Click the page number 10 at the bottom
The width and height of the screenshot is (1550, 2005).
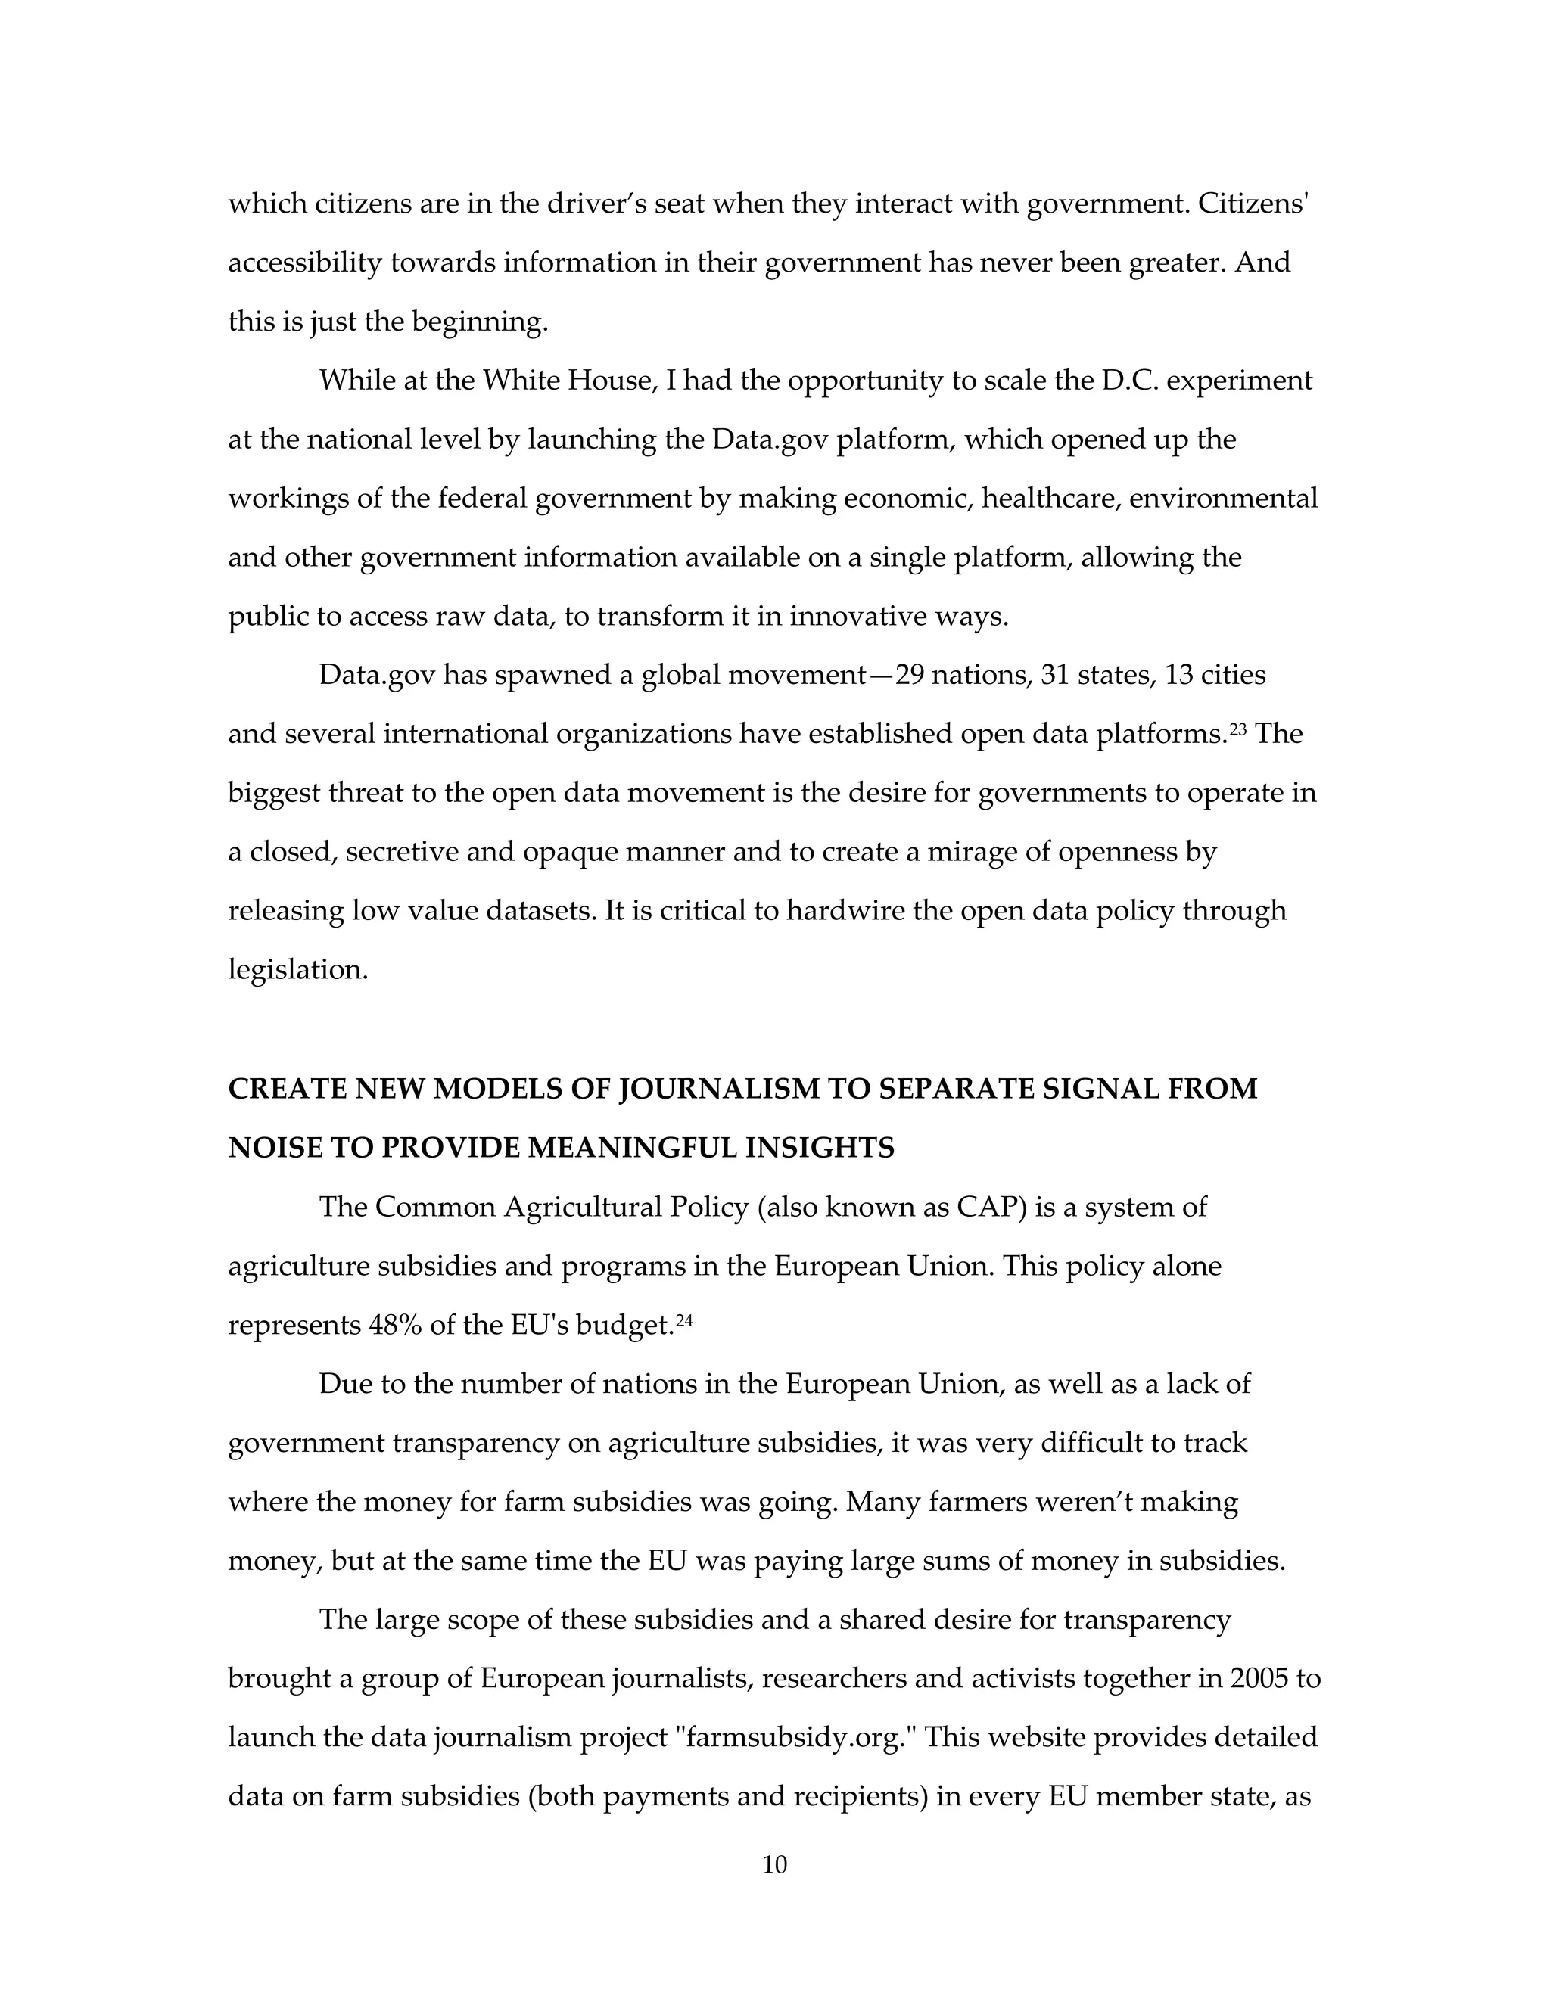(x=774, y=1864)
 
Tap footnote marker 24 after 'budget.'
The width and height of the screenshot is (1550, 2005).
(x=684, y=1320)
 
